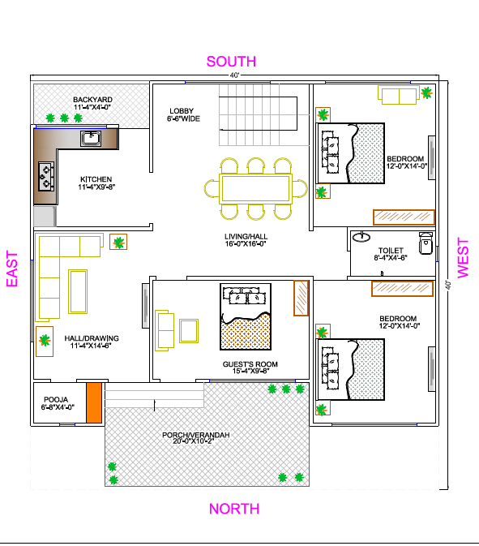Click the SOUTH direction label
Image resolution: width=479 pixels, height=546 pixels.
coord(231,61)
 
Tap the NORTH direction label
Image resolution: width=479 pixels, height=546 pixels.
coord(234,509)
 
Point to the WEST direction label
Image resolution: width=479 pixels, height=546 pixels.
coord(463,258)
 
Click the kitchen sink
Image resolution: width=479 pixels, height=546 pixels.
coord(90,139)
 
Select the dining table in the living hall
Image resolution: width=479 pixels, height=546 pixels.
coord(255,188)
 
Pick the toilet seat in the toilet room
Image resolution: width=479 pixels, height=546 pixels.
coord(423,243)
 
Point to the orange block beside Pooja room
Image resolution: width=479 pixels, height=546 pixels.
coord(93,402)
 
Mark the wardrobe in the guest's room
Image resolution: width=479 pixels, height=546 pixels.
coord(300,298)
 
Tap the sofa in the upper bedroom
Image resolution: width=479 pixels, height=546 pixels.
coord(399,96)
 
